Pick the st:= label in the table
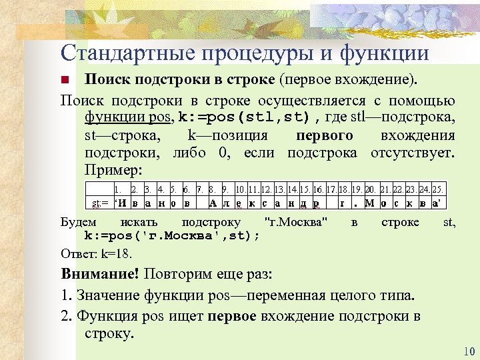pyautogui.click(x=100, y=202)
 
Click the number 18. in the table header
pyautogui.click(x=345, y=189)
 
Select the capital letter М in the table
pyautogui.click(x=371, y=202)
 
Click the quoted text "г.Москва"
pyautogui.click(x=296, y=222)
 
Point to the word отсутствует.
pyautogui.click(x=416, y=152)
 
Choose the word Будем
pyautogui.click(x=78, y=222)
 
